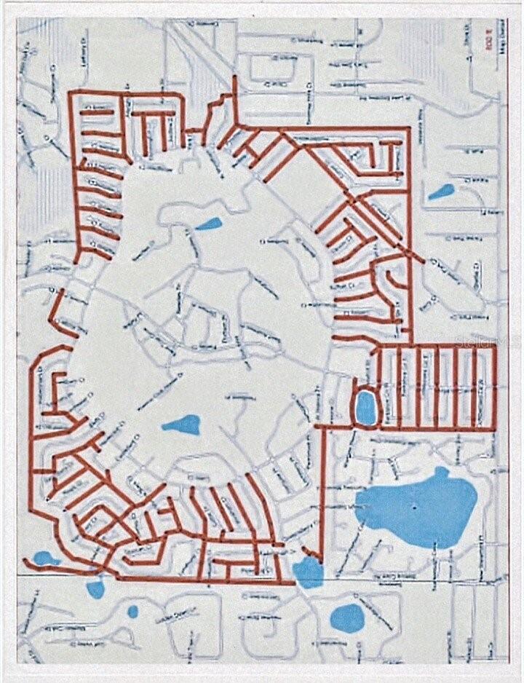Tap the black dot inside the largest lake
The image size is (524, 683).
[413, 505]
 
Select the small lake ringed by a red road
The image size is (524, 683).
[365, 407]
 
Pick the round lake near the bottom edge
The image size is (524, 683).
[347, 617]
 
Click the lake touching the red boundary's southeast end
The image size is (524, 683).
[308, 571]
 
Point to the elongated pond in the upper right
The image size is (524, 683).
[440, 192]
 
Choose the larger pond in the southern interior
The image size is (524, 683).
[180, 424]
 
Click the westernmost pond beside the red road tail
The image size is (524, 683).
[45, 558]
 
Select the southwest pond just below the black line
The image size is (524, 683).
[95, 587]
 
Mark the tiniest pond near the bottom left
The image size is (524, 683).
[132, 612]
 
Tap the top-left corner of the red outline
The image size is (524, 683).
[71, 93]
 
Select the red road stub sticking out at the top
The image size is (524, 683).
[234, 87]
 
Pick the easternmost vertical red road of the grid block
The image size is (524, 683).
[494, 386]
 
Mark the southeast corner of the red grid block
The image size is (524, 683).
[494, 428]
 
